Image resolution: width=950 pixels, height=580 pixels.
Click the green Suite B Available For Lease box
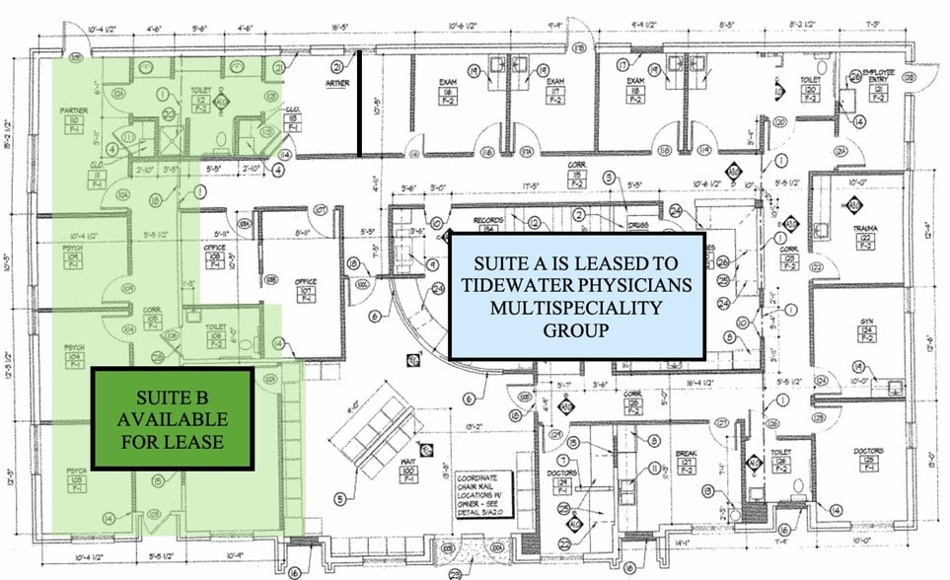[x=172, y=418]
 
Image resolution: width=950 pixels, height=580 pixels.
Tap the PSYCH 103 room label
[x=73, y=478]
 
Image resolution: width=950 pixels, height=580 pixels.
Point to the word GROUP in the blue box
[x=576, y=330]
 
